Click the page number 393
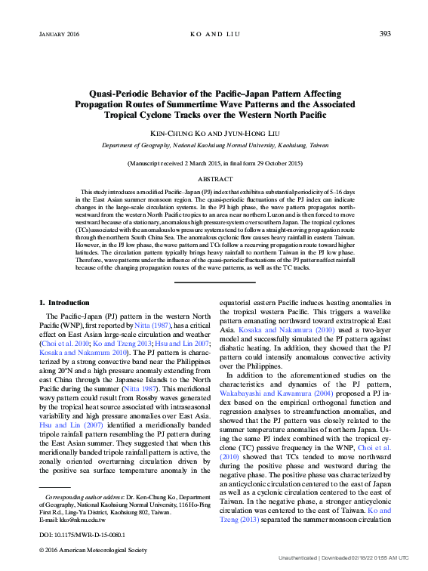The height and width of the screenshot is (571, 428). tap(384, 34)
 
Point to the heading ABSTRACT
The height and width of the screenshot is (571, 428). tap(214, 180)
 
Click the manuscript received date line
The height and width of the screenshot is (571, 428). tap(214, 163)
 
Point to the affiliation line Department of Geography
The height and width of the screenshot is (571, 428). tap(214, 144)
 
